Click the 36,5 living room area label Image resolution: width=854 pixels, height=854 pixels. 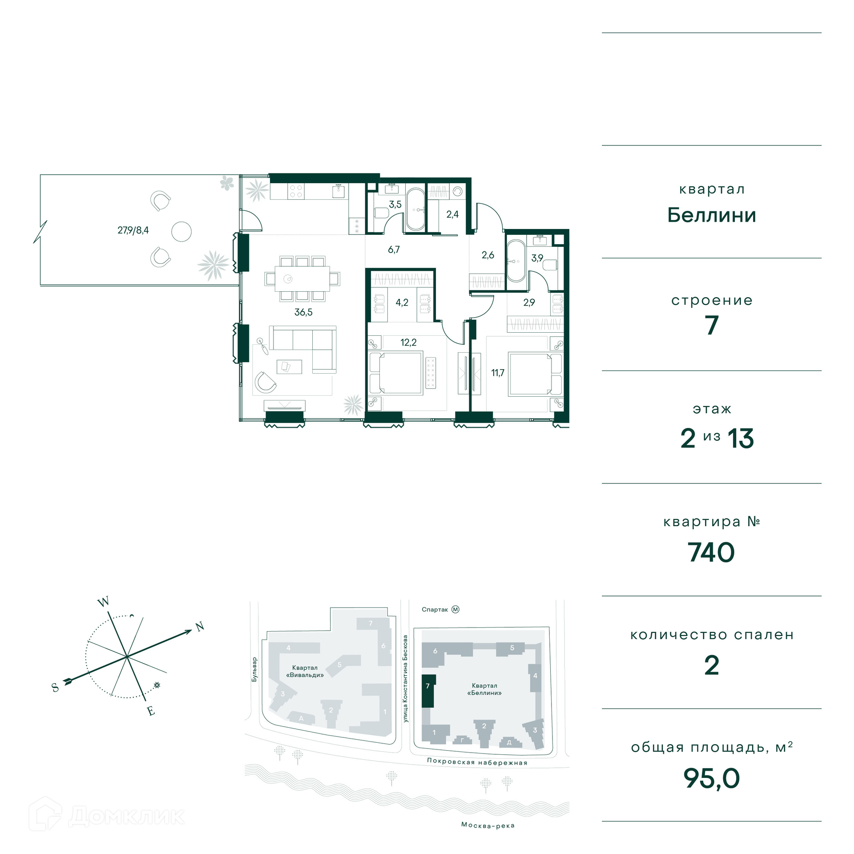pyautogui.click(x=303, y=312)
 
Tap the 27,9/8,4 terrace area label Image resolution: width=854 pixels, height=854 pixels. pyautogui.click(x=133, y=230)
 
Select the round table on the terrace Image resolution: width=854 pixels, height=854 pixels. pyautogui.click(x=181, y=232)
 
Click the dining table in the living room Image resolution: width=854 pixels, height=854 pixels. pyautogui.click(x=302, y=278)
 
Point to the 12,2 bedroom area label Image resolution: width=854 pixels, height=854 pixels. pyautogui.click(x=408, y=342)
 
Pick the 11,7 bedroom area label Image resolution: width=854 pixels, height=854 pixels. pyautogui.click(x=498, y=373)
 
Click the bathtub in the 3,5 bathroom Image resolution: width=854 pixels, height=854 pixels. pyautogui.click(x=416, y=209)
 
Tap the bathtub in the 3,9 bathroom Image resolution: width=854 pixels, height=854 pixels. pyautogui.click(x=516, y=261)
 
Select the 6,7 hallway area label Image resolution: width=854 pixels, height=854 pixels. pyautogui.click(x=394, y=250)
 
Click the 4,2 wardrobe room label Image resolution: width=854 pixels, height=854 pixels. pyautogui.click(x=402, y=302)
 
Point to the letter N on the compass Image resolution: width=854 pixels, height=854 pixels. pyautogui.click(x=200, y=627)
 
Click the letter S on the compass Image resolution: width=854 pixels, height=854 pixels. pyautogui.click(x=55, y=688)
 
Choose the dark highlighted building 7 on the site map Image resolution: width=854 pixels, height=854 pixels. pyautogui.click(x=428, y=691)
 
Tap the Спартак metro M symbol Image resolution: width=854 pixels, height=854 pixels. pyautogui.click(x=455, y=609)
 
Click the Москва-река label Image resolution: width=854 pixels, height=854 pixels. pyautogui.click(x=488, y=826)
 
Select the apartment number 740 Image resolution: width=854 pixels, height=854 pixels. pyautogui.click(x=711, y=552)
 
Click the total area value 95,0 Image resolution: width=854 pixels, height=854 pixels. pyautogui.click(x=711, y=778)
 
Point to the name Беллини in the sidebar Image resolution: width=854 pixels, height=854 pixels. pyautogui.click(x=712, y=215)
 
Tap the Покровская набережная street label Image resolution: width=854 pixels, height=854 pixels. pyautogui.click(x=477, y=762)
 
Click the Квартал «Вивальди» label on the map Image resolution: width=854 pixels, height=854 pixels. pyautogui.click(x=305, y=671)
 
